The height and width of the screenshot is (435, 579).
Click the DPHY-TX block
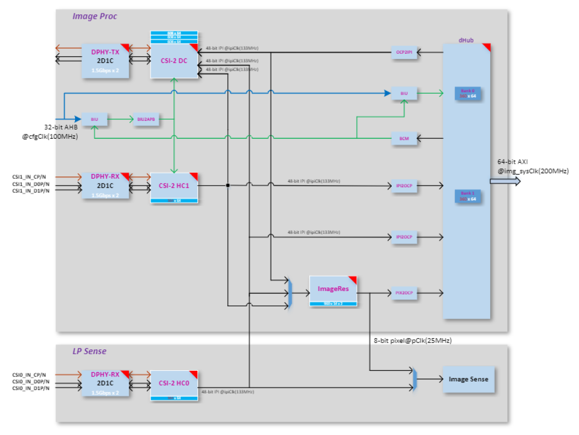click(105, 61)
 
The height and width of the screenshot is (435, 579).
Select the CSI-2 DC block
click(174, 61)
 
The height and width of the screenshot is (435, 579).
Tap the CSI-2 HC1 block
click(174, 186)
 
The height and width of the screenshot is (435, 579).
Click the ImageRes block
click(333, 289)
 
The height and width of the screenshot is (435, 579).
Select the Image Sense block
click(468, 379)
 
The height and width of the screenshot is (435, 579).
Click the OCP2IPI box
click(404, 52)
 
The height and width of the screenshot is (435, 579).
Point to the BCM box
click(404, 138)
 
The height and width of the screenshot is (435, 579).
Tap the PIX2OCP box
click(404, 292)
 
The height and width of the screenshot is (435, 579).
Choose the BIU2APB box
click(146, 119)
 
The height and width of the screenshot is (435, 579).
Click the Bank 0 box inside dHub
click(468, 93)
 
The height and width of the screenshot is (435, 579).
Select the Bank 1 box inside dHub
click(468, 195)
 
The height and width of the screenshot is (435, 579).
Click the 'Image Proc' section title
click(95, 16)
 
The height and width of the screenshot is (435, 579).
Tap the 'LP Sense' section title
click(89, 351)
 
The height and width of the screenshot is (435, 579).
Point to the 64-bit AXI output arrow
click(504, 181)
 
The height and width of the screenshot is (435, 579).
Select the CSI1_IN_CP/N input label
click(30, 177)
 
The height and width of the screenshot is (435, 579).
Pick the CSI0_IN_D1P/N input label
click(31, 388)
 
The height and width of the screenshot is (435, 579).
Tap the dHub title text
click(466, 40)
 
